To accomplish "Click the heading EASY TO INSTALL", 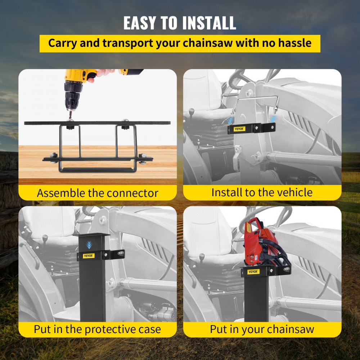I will pyautogui.click(x=180, y=22).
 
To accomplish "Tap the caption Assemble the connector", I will pyautogui.click(x=97, y=193).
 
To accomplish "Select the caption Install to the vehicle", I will pyautogui.click(x=262, y=192).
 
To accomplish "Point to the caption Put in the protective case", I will pyautogui.click(x=97, y=329).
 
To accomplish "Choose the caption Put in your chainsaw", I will pyautogui.click(x=262, y=329).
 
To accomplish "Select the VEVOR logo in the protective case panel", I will pyautogui.click(x=88, y=256).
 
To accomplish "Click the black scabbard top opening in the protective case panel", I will pyautogui.click(x=91, y=234).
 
